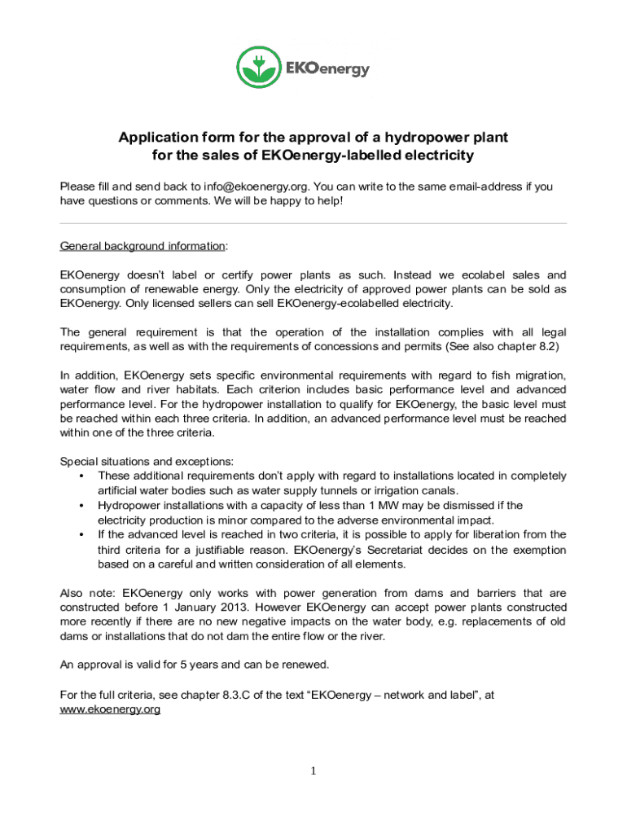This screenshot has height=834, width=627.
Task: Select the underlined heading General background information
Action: coord(143,246)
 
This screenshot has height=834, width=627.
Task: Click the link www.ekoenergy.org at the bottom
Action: coord(110,709)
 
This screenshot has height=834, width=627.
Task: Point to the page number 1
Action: coord(313,771)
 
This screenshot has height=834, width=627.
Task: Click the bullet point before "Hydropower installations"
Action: coord(82,506)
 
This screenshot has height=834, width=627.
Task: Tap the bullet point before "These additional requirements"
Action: coord(82,476)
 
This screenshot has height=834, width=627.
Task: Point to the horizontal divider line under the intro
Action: coord(313,223)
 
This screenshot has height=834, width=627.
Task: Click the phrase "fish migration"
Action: coord(520,375)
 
